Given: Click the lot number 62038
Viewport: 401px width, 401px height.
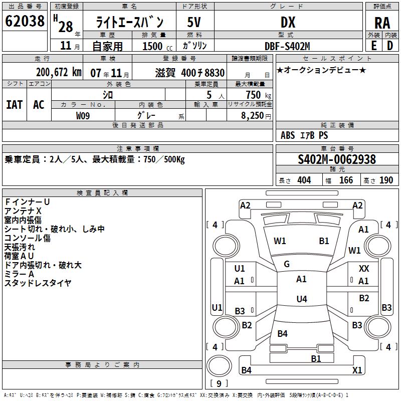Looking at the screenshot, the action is [25, 22].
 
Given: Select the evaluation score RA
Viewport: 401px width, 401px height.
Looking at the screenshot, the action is [382, 23].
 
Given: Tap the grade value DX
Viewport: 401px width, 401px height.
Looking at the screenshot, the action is [288, 22].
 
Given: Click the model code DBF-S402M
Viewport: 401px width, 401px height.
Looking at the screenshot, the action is [288, 46].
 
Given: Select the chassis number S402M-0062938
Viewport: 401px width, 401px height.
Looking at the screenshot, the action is [337, 160].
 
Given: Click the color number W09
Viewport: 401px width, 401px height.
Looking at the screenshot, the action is [84, 116].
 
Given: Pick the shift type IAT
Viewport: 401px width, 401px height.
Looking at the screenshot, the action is [14, 104].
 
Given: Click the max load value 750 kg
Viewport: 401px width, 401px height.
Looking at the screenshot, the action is [256, 95].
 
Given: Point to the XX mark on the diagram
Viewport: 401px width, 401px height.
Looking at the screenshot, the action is [364, 269].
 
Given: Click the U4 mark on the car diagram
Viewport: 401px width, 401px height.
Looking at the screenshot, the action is [301, 299].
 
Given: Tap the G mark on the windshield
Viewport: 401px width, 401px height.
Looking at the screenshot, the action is [287, 264].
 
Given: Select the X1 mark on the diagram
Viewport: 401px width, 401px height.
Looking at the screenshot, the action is [357, 370].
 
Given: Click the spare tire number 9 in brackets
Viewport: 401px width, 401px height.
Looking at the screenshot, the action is [219, 384].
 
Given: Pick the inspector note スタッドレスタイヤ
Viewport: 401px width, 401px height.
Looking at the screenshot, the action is [38, 283].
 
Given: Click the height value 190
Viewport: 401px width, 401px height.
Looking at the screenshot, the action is [386, 180].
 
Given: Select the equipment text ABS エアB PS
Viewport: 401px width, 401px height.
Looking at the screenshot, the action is [304, 135].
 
